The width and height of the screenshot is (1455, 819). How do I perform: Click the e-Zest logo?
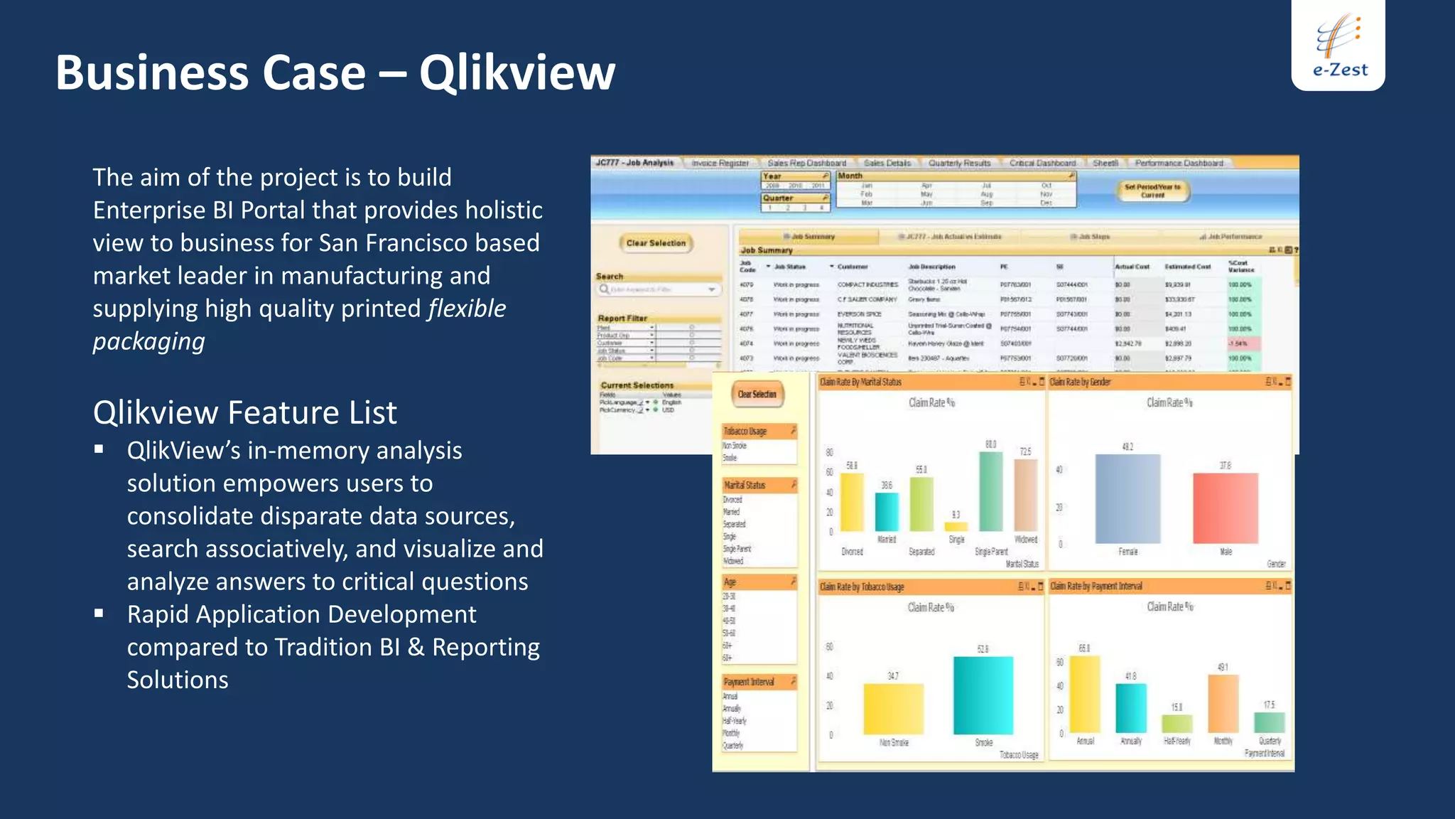click(x=1338, y=45)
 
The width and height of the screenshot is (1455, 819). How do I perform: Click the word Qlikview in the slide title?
click(x=516, y=73)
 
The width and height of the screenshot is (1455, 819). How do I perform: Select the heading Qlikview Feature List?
click(x=244, y=413)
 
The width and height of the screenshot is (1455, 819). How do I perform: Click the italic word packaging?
click(x=148, y=341)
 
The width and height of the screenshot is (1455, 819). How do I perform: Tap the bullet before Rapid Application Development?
click(x=99, y=613)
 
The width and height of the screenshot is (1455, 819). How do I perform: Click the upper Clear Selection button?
click(x=656, y=243)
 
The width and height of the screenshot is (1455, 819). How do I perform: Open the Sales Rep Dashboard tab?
click(x=806, y=163)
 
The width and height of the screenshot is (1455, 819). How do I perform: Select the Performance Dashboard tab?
click(x=1179, y=163)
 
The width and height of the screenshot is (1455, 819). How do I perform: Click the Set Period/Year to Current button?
click(x=1152, y=191)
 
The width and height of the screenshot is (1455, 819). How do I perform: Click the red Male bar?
click(x=1226, y=508)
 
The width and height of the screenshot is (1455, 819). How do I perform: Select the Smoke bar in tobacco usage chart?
click(x=983, y=695)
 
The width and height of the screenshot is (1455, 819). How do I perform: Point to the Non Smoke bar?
click(x=894, y=709)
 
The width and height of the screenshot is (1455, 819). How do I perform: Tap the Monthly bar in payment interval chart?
click(x=1223, y=704)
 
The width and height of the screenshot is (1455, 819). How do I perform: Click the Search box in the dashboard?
click(x=658, y=289)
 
